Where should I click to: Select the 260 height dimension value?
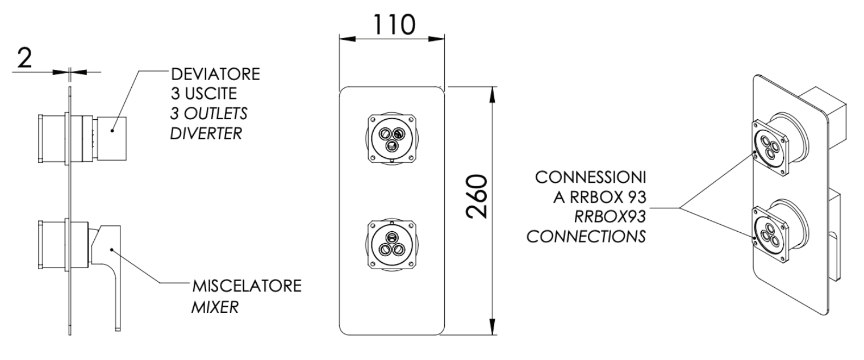point(477,196)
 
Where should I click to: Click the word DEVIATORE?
point(216,74)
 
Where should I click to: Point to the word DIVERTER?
point(206,134)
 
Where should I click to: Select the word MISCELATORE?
point(247,286)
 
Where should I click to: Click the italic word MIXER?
point(215,307)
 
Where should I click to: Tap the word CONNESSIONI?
point(590,177)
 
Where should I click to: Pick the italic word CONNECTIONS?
point(586,236)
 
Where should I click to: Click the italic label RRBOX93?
point(610,216)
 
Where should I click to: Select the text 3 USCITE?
point(204,94)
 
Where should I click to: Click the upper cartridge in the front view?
point(392,139)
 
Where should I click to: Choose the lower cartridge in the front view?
point(392,244)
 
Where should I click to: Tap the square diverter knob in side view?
point(112,139)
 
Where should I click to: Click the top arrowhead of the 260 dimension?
point(492,95)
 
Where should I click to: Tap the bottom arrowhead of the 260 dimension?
point(492,327)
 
